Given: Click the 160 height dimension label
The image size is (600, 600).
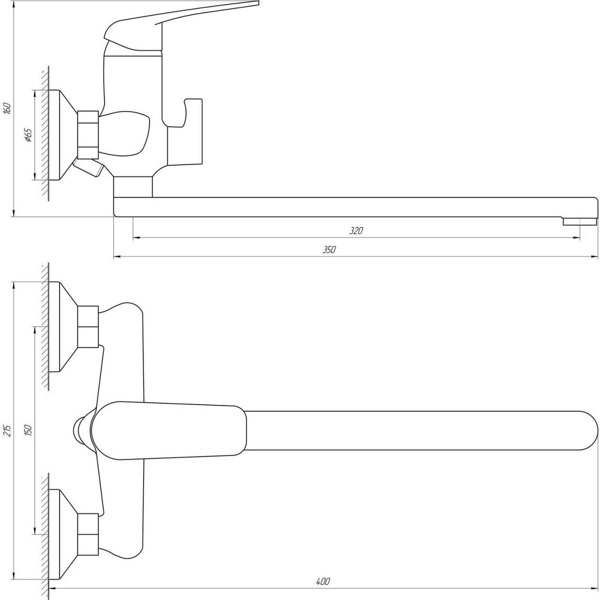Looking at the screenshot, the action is pyautogui.click(x=7, y=108).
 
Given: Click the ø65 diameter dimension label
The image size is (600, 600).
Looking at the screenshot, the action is pyautogui.click(x=28, y=135).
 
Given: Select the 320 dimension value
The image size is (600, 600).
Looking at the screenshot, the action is pyautogui.click(x=356, y=231).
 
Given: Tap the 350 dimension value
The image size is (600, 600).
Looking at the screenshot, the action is pyautogui.click(x=329, y=250).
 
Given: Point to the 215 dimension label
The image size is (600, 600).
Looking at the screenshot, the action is pyautogui.click(x=7, y=430).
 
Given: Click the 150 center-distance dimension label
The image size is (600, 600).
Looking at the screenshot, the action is pyautogui.click(x=29, y=430).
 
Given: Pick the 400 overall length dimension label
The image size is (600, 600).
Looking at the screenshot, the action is pyautogui.click(x=323, y=581).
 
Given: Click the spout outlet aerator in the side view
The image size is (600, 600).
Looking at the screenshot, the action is pyautogui.click(x=580, y=221).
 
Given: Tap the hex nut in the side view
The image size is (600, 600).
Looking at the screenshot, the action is pyautogui.click(x=88, y=134).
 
